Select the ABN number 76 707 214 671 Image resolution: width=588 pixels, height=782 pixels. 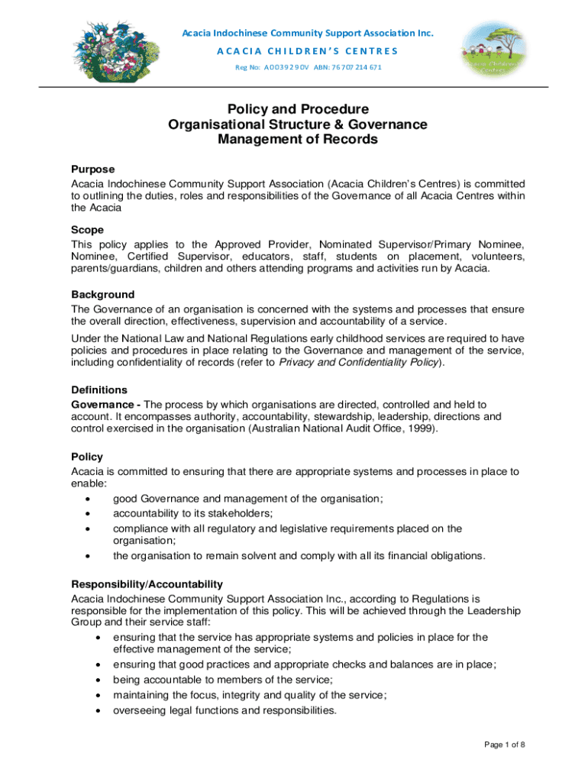coord(357,67)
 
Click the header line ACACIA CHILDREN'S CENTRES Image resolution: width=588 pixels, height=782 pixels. coord(307,50)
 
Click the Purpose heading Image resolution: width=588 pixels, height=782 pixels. coord(92,170)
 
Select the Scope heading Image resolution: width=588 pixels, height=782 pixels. coord(87,230)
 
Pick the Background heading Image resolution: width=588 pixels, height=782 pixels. coord(102,294)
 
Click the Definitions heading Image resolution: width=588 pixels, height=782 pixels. coord(99,389)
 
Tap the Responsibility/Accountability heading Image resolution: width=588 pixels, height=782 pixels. coord(147,584)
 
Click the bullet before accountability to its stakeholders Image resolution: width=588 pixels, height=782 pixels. coord(89,514)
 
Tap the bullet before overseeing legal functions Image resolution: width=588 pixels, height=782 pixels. coord(100,710)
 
